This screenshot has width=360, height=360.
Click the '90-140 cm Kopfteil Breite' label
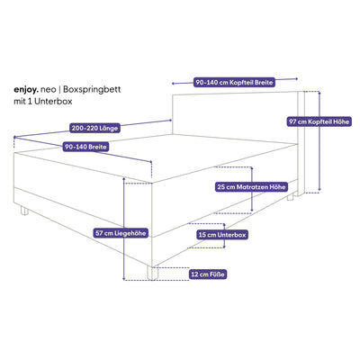click(234, 83)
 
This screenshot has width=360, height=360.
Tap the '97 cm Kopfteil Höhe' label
click(319, 121)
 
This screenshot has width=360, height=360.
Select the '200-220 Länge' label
click(94, 128)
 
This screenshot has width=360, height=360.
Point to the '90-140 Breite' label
click(85, 147)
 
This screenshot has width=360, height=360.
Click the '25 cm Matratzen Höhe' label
click(251, 187)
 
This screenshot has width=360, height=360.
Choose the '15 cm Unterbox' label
click(222, 235)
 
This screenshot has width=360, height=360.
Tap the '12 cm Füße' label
click(208, 274)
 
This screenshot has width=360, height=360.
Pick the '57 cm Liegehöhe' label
click(121, 233)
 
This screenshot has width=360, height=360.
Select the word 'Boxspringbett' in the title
click(92, 90)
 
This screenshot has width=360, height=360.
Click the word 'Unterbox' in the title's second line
click(53, 102)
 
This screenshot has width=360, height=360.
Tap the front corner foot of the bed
click(152, 274)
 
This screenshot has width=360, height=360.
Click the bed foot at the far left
click(24, 211)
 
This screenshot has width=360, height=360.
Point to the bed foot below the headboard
click(290, 197)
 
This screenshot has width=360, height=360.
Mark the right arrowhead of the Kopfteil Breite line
click(297, 79)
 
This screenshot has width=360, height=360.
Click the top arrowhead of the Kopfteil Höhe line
click(319, 93)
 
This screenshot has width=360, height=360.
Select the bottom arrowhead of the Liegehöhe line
click(124, 279)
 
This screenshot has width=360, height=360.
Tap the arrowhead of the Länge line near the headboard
click(170, 121)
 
